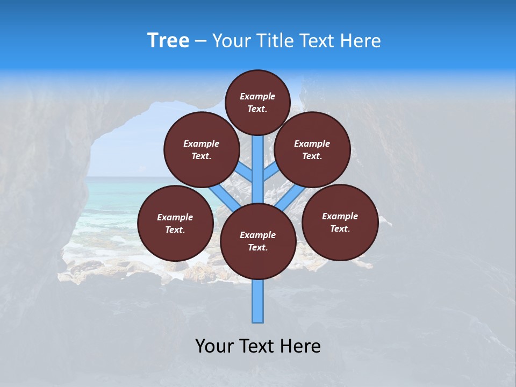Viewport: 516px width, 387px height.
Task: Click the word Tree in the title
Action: coord(168,41)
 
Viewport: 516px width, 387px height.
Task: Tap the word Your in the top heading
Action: coord(232,41)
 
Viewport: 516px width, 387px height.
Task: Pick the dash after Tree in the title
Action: coord(201,41)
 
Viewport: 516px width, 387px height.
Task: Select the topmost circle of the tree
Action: coord(257,102)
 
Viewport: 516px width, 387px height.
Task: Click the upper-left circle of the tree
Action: coord(202,150)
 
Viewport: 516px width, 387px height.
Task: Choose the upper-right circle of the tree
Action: coord(312,150)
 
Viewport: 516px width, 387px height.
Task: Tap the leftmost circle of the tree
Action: coord(175,223)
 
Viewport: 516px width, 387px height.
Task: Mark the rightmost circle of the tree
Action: coord(340,222)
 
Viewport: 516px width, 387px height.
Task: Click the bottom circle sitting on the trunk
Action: coord(258,241)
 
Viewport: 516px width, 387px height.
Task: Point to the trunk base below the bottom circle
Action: coord(258,301)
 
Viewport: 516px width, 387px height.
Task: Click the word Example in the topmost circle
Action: coord(257,96)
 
